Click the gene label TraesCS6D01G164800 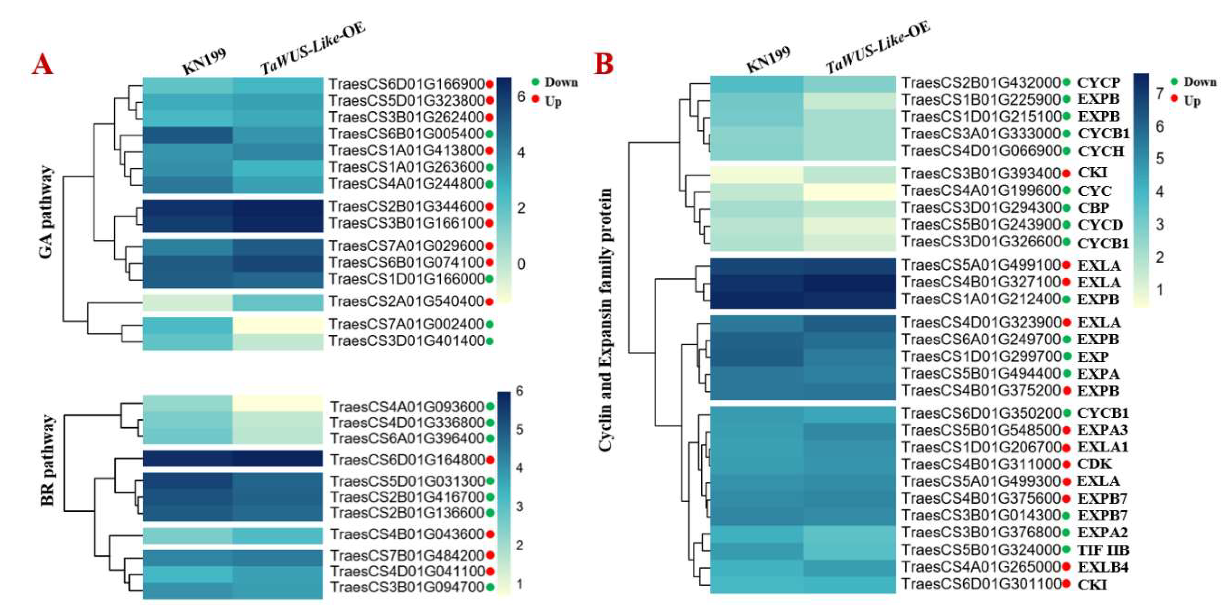pos(407,459)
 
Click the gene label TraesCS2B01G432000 pos(981,83)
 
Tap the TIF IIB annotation pos(1103,550)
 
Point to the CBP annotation pos(1093,208)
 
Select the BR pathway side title pos(48,460)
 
